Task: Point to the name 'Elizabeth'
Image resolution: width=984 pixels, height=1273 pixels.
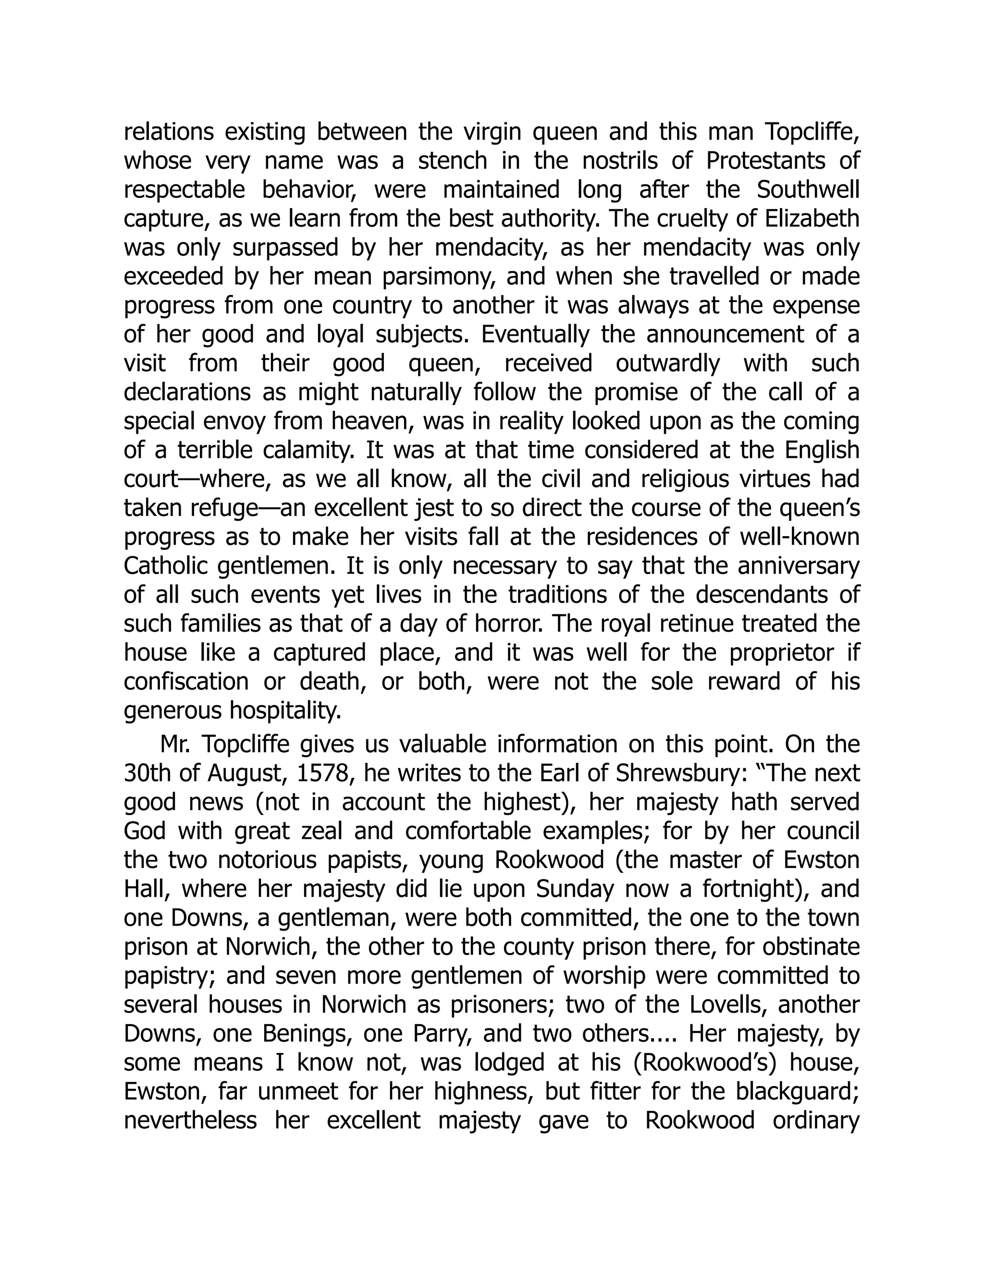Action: [x=812, y=219]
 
